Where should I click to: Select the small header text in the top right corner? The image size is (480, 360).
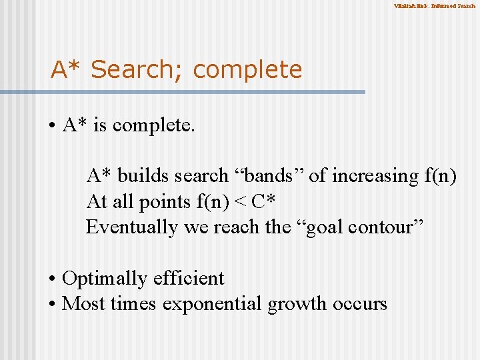click(434, 6)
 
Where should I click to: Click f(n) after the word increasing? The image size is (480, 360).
click(440, 176)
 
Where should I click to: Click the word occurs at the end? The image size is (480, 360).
click(359, 304)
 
